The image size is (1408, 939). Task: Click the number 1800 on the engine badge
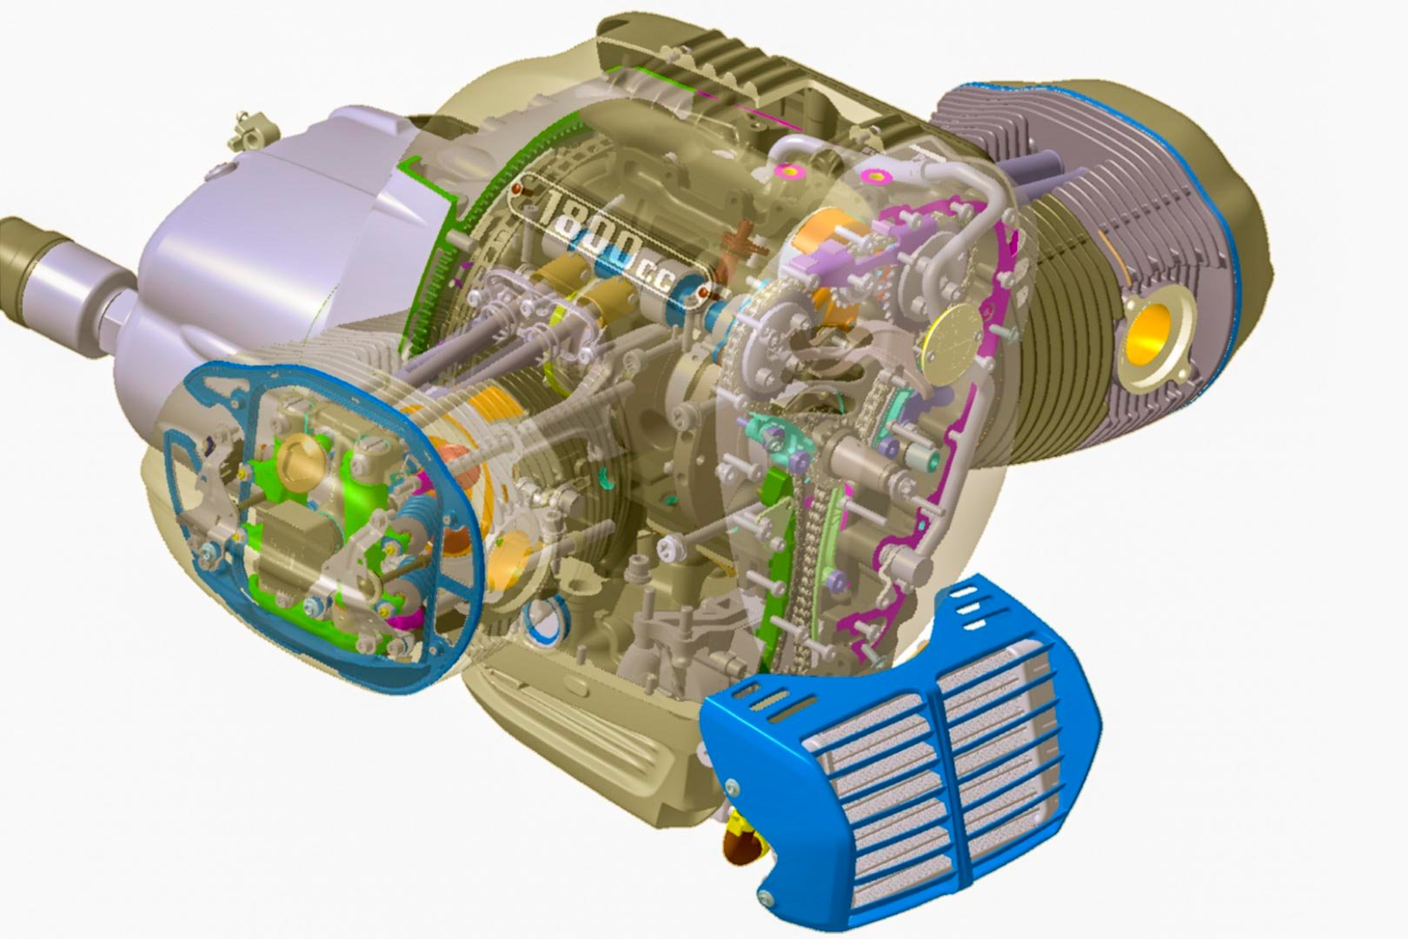592,229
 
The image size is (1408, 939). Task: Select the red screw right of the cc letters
703,292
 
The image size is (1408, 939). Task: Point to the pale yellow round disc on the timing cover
953,344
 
